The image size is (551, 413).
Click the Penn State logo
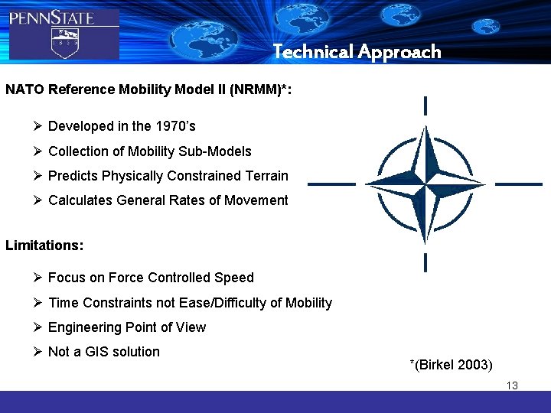click(x=63, y=32)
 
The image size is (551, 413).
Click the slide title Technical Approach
click(x=357, y=52)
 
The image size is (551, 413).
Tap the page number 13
click(x=512, y=385)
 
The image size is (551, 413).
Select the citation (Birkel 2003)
click(x=451, y=364)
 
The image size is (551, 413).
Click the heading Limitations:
click(x=44, y=246)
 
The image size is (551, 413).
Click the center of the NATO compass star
click(x=425, y=184)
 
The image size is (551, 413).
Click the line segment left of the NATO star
click(x=331, y=184)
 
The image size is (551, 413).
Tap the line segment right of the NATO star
click(x=519, y=184)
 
